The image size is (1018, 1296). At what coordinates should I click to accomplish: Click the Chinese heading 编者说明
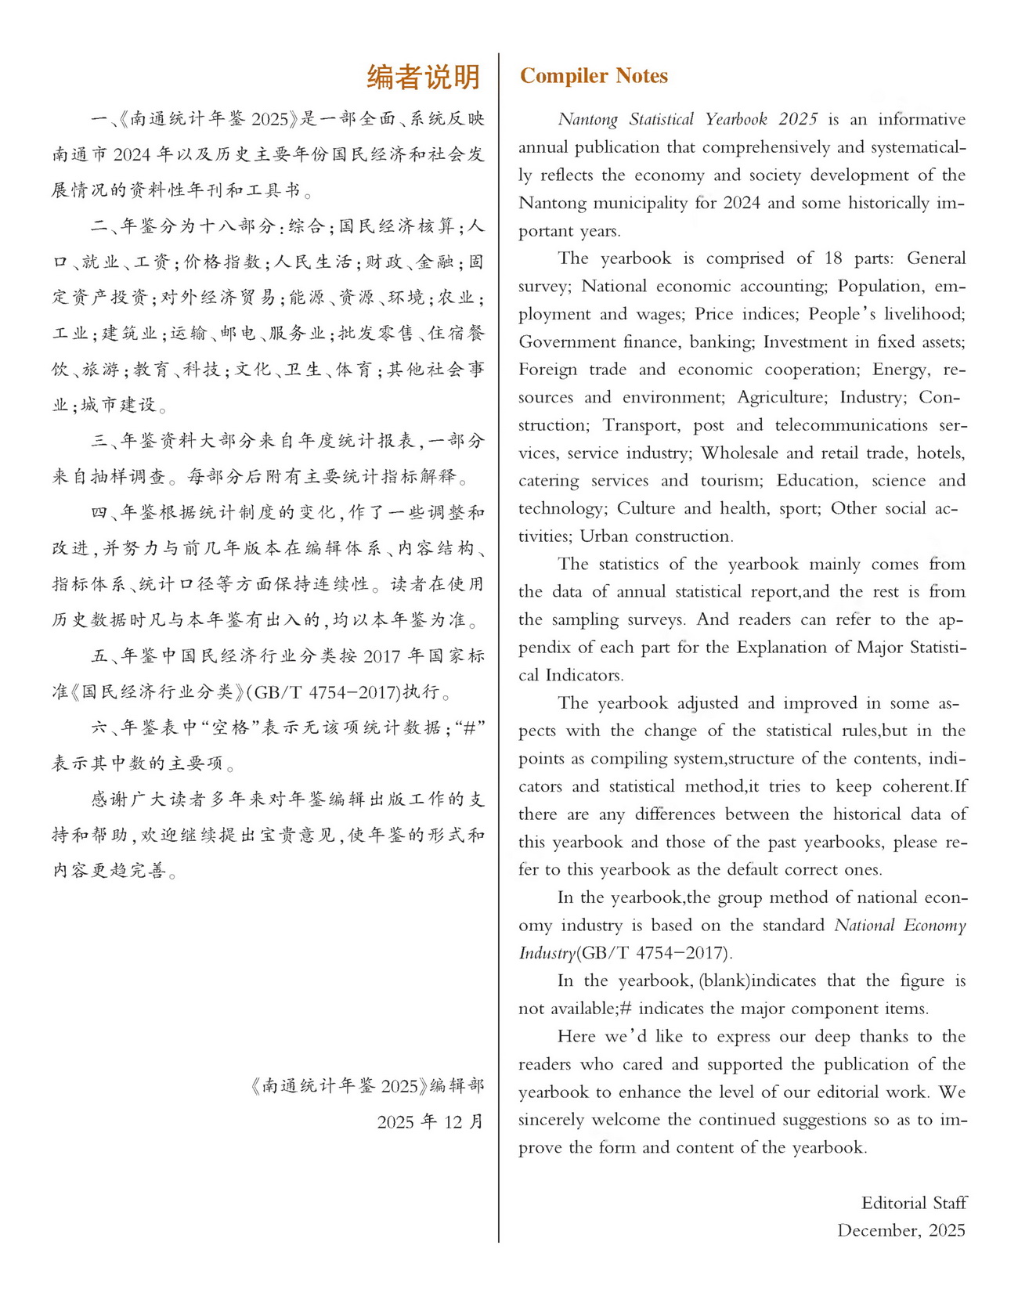click(x=423, y=77)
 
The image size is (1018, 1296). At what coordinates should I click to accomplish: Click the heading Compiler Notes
click(x=594, y=76)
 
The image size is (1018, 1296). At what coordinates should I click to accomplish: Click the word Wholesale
click(x=739, y=453)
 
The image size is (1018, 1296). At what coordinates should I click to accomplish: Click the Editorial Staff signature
click(x=914, y=1203)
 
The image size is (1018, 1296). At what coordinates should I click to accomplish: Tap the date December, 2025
click(x=901, y=1230)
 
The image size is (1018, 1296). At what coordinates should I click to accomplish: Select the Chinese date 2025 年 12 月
click(x=430, y=1121)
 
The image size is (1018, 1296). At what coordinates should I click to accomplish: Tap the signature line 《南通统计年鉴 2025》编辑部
click(x=366, y=1085)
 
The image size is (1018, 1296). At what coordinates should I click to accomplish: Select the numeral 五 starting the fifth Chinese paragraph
click(x=99, y=656)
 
